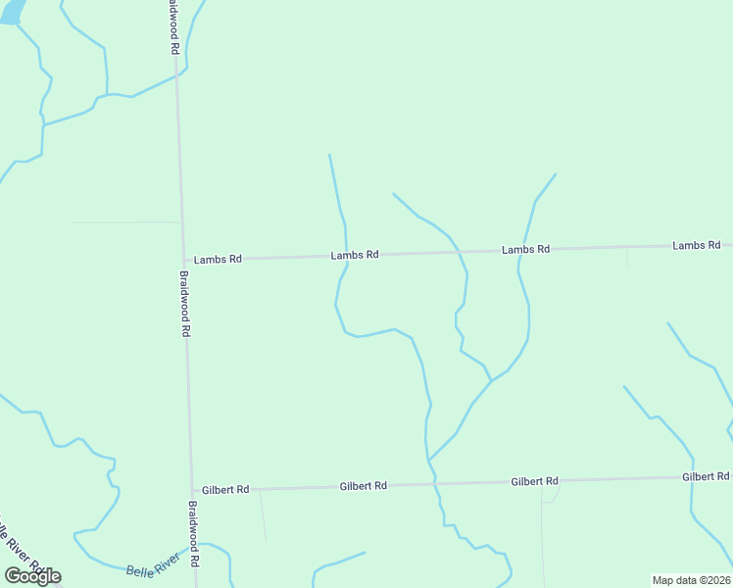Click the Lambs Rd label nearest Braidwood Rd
(x=218, y=260)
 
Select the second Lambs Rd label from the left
(x=355, y=255)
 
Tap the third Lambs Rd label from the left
(x=525, y=250)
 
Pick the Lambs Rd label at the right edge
(x=696, y=245)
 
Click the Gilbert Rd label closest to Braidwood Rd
(x=225, y=489)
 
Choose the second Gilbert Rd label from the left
(x=364, y=485)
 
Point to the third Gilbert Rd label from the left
(x=534, y=481)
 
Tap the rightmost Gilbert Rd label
(x=706, y=476)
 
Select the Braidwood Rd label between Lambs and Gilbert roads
(x=184, y=304)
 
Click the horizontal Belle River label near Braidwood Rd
(x=153, y=565)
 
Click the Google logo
(x=32, y=576)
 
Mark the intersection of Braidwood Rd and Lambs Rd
(x=182, y=260)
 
